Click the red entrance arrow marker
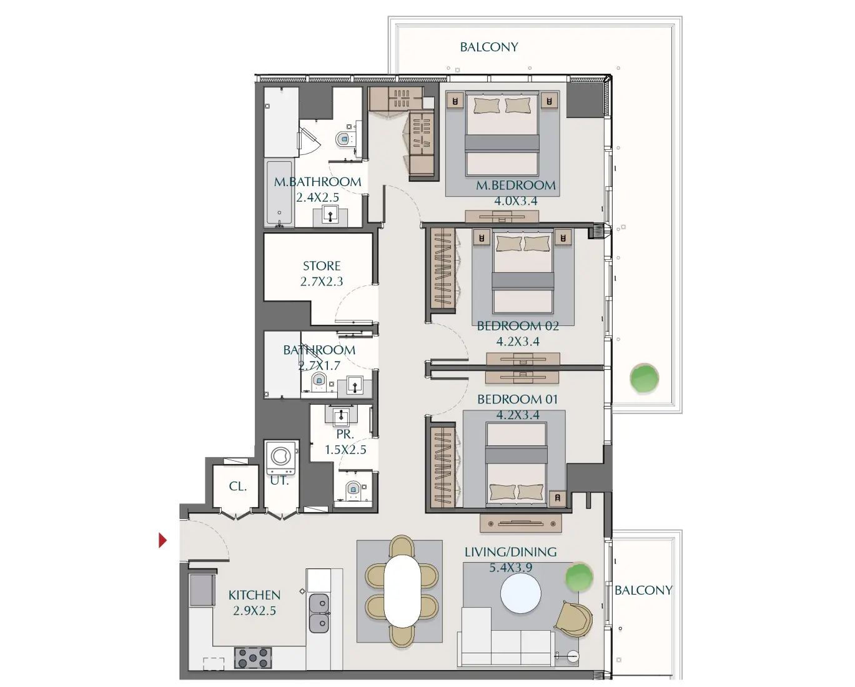click(x=162, y=540)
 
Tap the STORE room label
click(x=322, y=266)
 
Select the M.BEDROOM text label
click(x=515, y=185)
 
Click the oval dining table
click(x=402, y=591)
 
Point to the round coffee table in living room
click(x=520, y=593)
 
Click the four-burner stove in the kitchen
click(x=252, y=658)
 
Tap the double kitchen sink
click(x=319, y=613)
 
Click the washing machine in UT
click(x=280, y=457)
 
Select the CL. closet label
click(x=237, y=486)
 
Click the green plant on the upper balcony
click(x=644, y=378)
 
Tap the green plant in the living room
click(x=578, y=577)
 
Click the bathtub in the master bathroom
click(x=279, y=193)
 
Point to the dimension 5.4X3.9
click(x=510, y=568)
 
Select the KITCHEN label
click(x=254, y=595)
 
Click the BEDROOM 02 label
click(x=517, y=326)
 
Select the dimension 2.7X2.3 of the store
click(x=322, y=282)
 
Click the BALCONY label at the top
click(x=489, y=47)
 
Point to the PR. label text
click(x=345, y=434)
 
